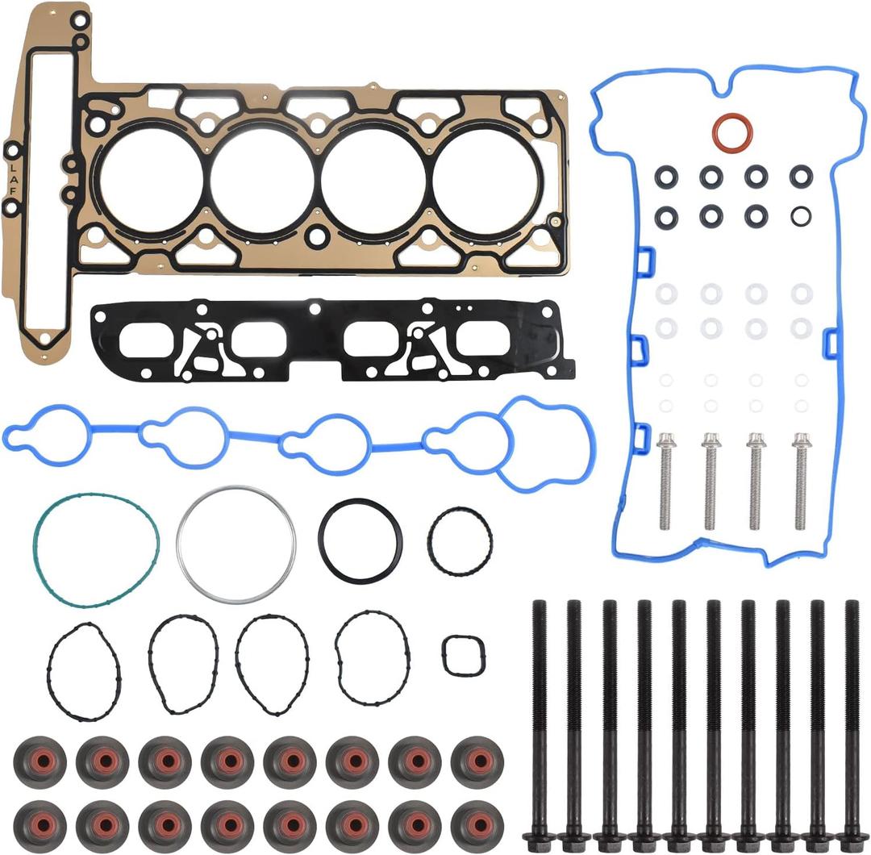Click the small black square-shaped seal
coord(463,656)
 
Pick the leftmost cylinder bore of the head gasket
coord(151,179)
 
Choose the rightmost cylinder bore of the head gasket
coord(485,179)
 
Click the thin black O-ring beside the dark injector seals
coord(801,216)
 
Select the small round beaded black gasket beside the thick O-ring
coord(460,541)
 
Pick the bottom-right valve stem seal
coord(477,824)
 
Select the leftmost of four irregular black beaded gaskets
coord(83,670)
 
